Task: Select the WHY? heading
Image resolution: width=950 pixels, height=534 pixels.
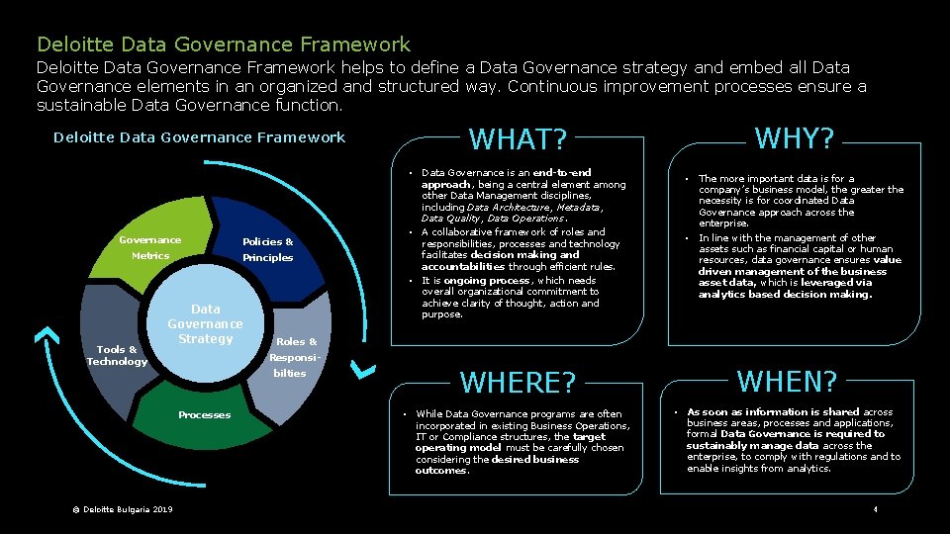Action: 795,137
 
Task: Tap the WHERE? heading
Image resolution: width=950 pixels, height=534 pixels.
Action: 518,382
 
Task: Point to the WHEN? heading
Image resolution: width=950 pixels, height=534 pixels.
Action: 788,380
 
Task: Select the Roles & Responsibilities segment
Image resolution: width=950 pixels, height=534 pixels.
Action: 296,356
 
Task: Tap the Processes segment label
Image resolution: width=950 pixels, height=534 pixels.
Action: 204,414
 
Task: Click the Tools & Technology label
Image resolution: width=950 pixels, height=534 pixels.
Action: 116,355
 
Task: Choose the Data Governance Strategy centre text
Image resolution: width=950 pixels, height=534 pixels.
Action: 205,324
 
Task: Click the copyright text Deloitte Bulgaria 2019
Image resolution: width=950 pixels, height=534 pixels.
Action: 123,509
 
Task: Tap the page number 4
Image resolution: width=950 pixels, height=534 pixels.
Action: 875,509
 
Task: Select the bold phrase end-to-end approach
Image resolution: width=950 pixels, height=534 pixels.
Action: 506,179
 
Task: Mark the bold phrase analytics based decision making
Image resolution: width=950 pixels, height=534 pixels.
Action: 785,294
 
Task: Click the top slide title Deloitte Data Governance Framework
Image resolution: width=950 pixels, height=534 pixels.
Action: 223,44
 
